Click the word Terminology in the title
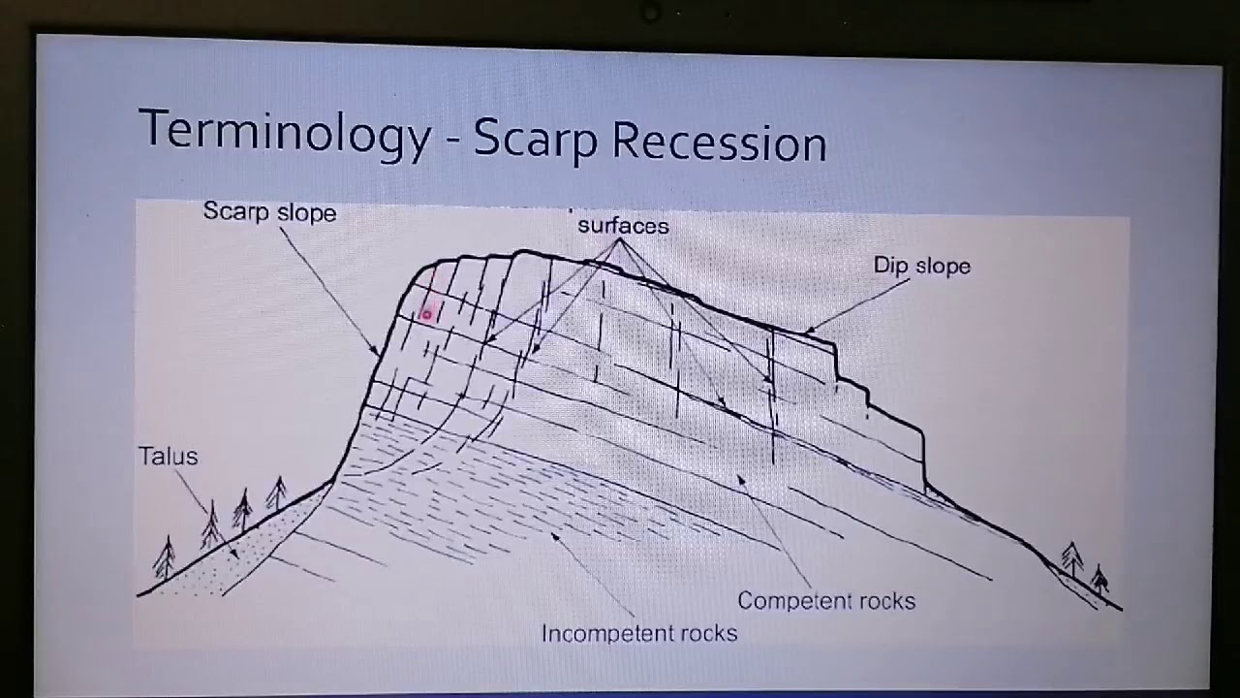[x=284, y=133]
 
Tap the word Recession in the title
[x=719, y=143]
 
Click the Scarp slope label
[x=269, y=212]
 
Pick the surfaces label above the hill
[x=623, y=226]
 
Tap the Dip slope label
[x=921, y=266]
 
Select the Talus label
[x=168, y=456]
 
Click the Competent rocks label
[x=825, y=601]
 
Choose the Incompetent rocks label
[x=638, y=634]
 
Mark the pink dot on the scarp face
[x=425, y=314]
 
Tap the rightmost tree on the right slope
[x=1100, y=579]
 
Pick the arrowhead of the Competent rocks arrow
[x=740, y=475]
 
